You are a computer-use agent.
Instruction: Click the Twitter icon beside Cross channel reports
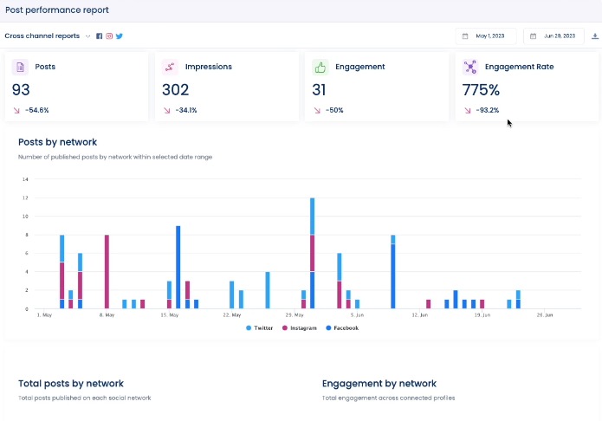coord(120,36)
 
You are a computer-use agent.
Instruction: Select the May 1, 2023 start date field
coord(486,36)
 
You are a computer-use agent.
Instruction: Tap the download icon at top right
coord(594,36)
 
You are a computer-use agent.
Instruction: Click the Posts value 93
coord(22,89)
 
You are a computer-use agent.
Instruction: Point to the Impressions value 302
coord(175,89)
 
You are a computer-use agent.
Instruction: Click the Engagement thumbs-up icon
coord(320,67)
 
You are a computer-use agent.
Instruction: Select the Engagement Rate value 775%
coord(481,89)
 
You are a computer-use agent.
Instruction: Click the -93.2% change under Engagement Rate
coord(487,110)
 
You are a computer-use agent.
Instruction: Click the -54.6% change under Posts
coord(37,110)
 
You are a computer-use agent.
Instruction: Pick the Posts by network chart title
coord(57,142)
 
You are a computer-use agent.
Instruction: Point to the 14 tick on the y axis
coord(25,179)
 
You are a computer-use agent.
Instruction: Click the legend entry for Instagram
coord(299,328)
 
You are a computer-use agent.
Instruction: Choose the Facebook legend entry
coord(341,328)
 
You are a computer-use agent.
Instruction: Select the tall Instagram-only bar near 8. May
coord(107,271)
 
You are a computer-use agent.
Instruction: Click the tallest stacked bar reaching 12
coord(312,253)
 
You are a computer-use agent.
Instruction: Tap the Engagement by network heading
coord(379,383)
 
